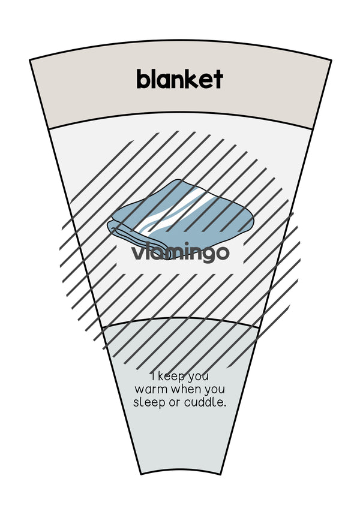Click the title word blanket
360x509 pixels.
coord(179,79)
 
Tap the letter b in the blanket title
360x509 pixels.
coord(143,79)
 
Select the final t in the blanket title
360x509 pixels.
coord(218,80)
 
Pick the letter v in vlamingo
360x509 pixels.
coord(137,253)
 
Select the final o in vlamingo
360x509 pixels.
coord(222,253)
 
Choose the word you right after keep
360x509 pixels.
coord(198,378)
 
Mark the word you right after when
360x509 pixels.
coord(215,391)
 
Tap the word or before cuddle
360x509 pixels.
coord(175,403)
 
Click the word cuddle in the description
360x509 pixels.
coord(203,402)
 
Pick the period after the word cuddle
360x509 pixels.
coord(224,406)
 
